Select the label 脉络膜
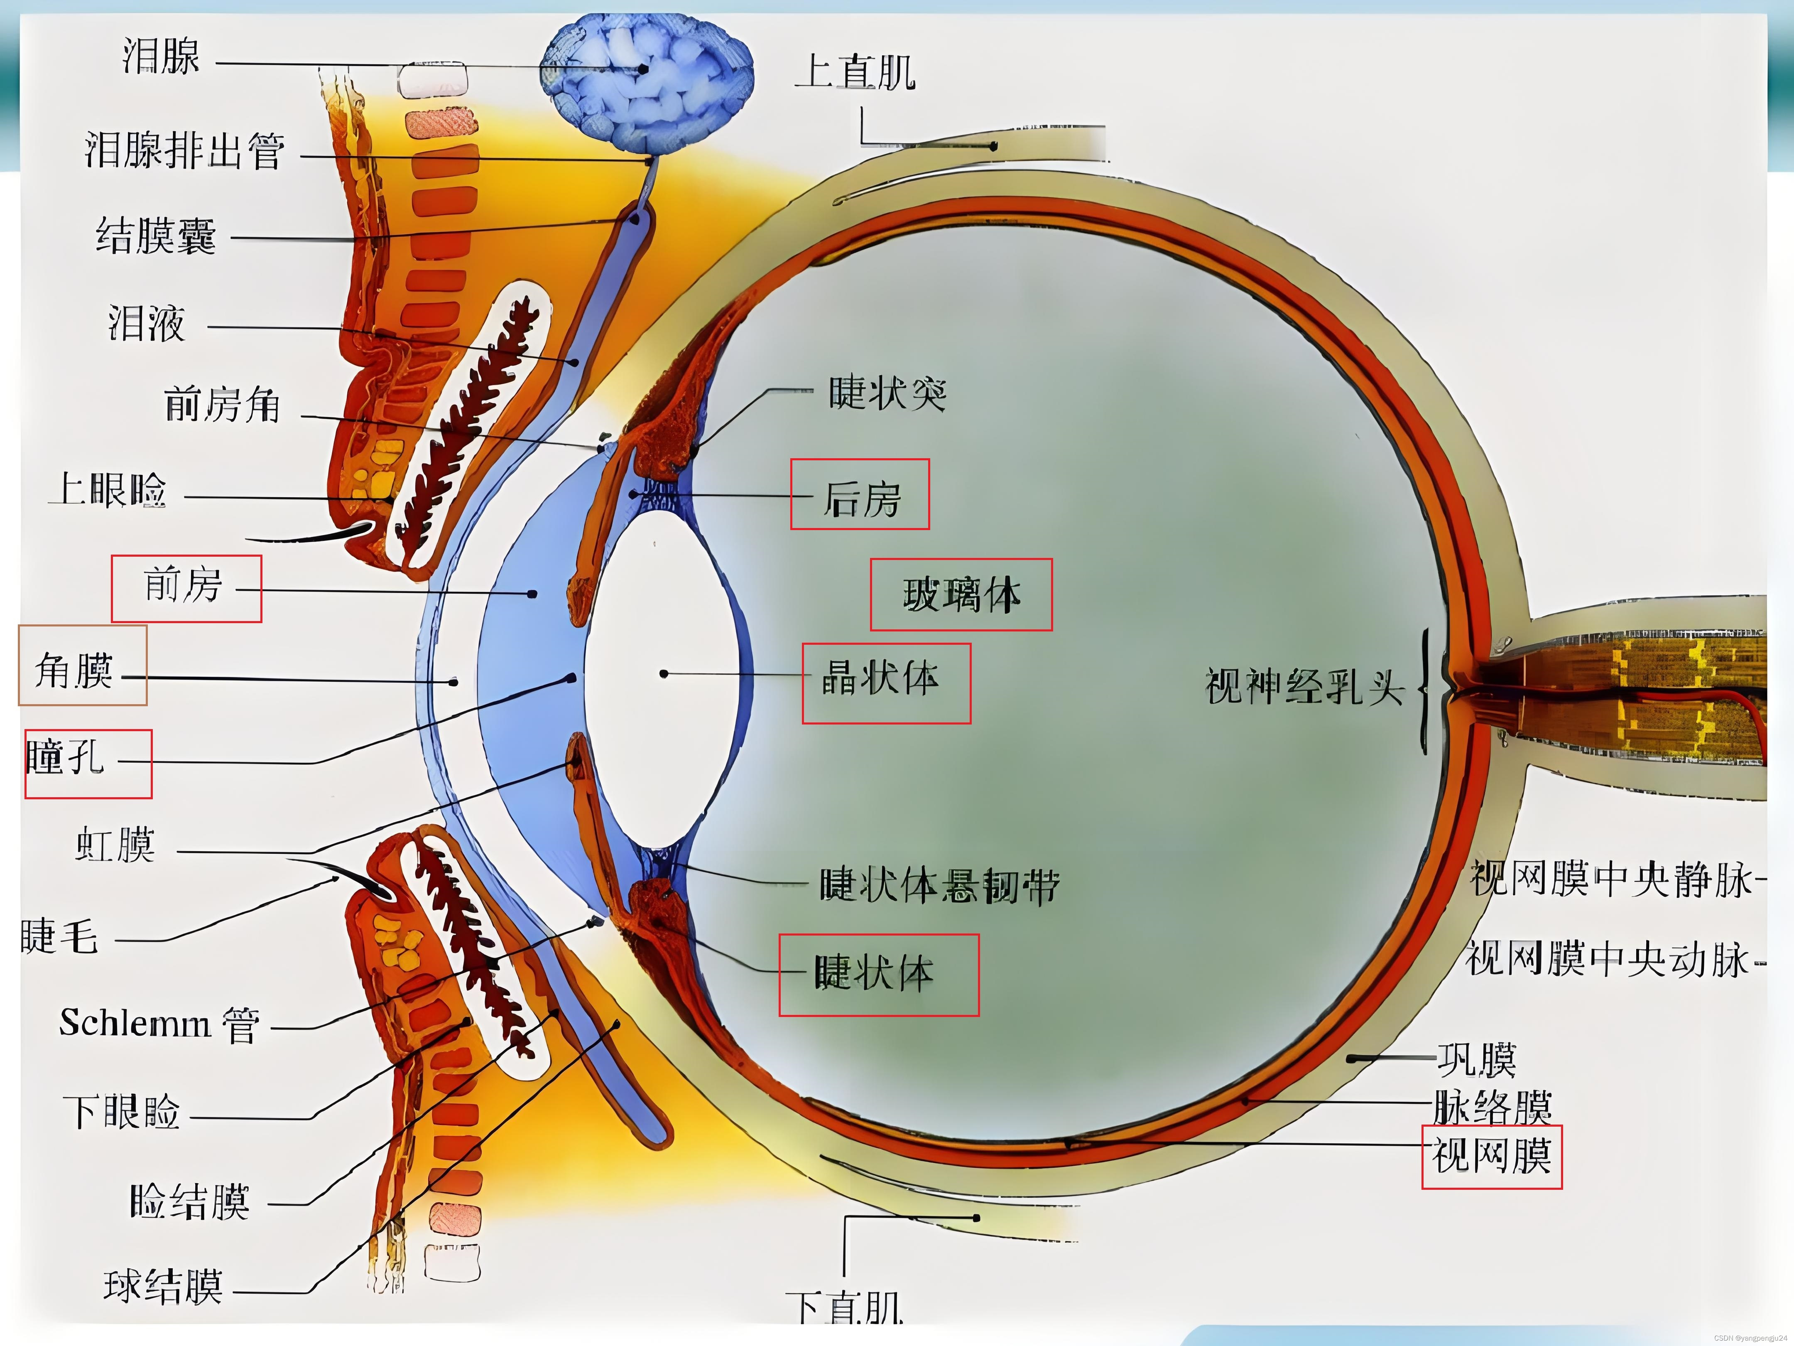coord(1492,1106)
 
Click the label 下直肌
coord(844,1308)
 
